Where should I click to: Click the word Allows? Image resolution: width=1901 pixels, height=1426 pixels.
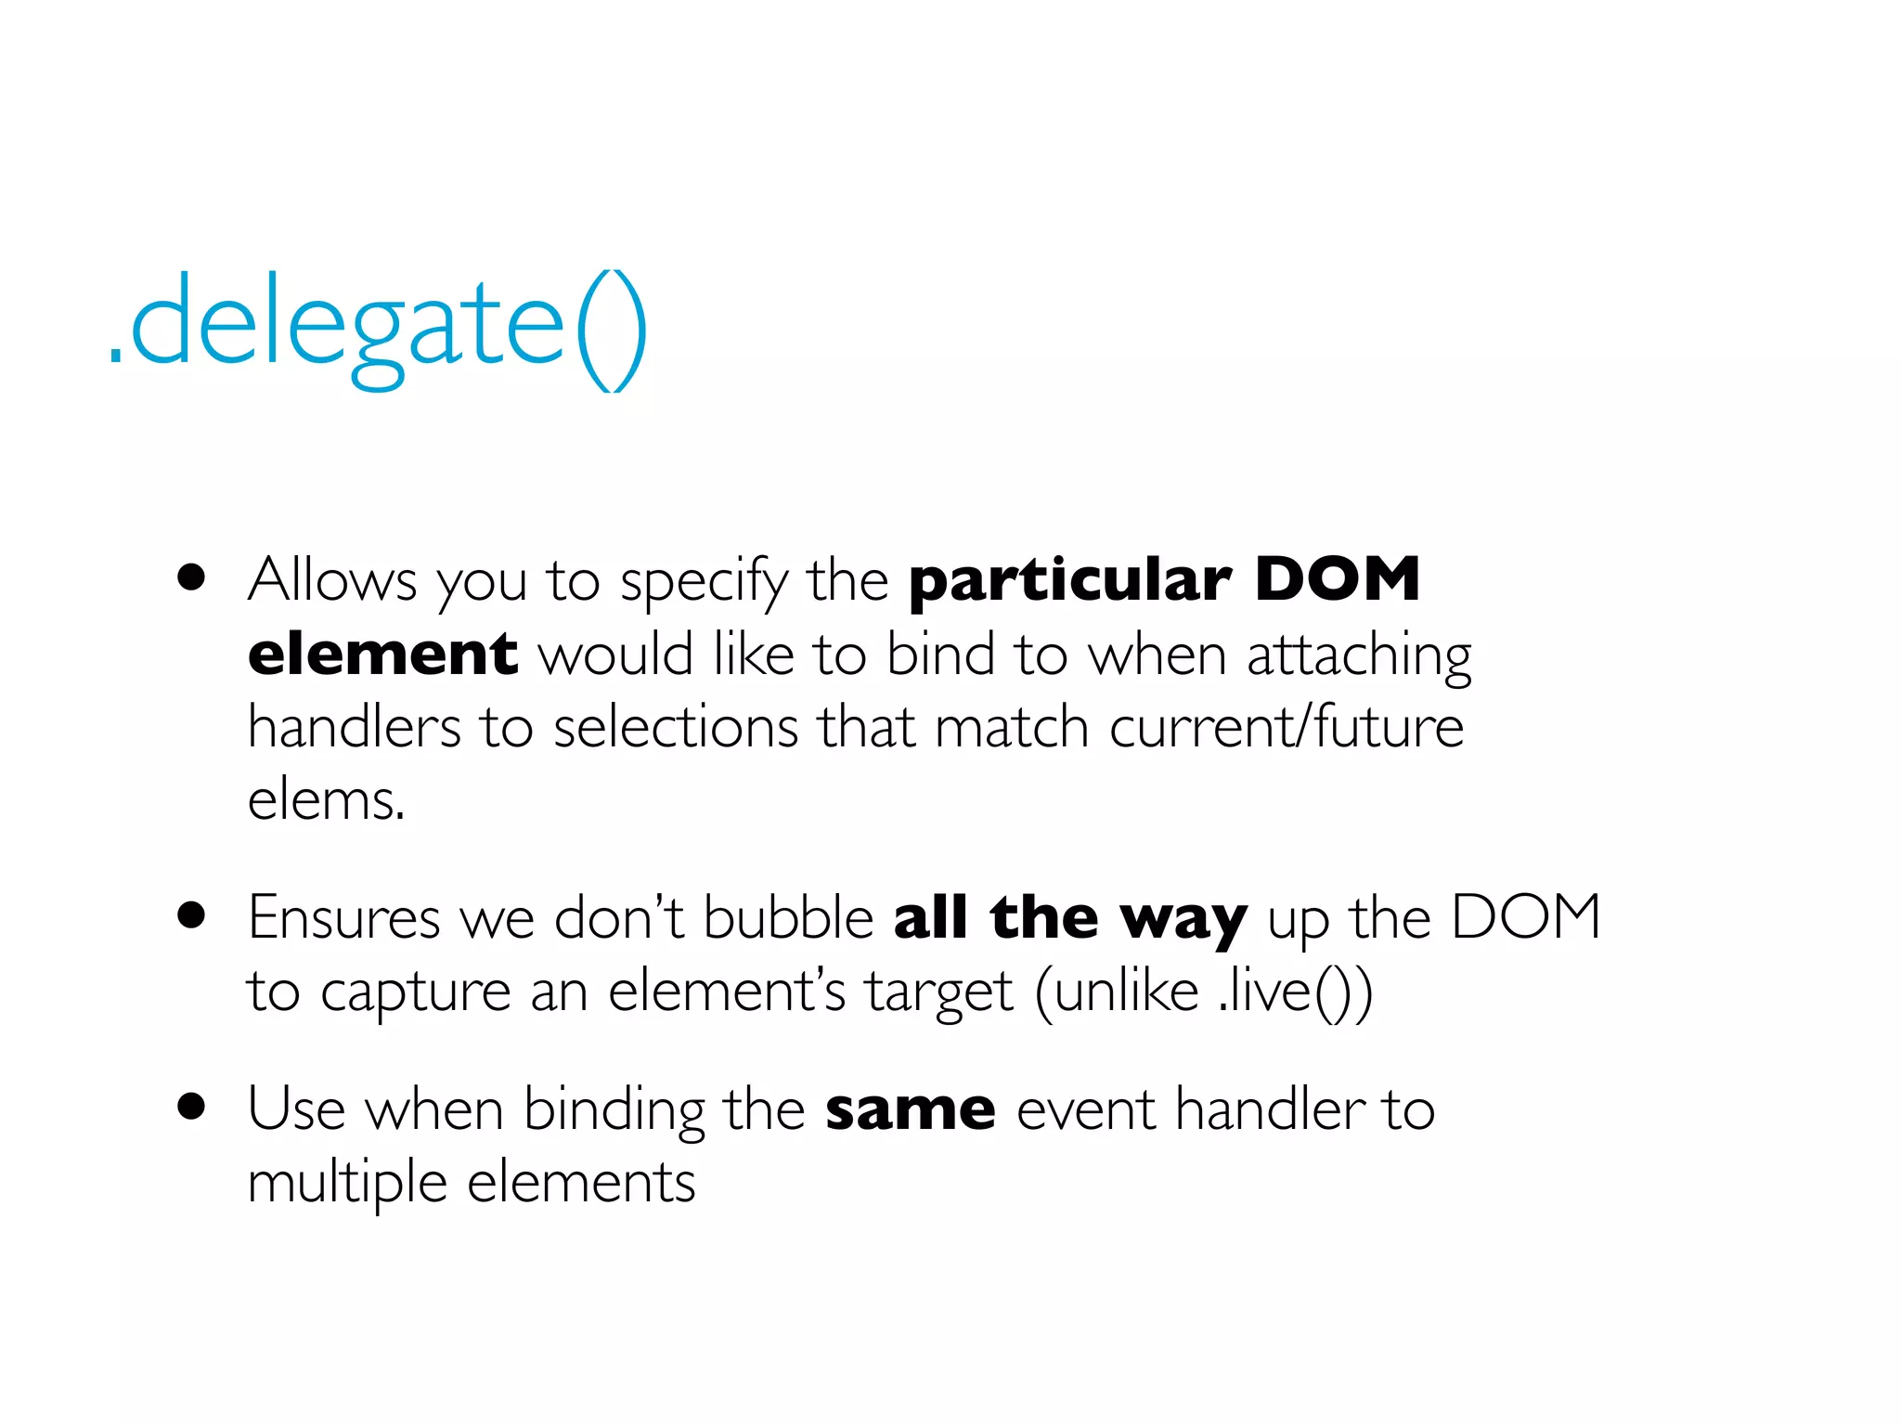coord(332,580)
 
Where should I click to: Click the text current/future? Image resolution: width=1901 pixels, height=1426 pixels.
coord(1287,727)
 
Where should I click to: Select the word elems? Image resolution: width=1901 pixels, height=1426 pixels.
coord(326,800)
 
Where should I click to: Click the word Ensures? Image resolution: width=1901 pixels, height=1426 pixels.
coord(343,918)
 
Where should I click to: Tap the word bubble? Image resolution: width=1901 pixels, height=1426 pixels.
coord(788,918)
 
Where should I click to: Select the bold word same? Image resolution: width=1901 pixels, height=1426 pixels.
coord(911,1110)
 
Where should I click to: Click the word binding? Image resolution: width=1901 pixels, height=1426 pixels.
coord(614,1110)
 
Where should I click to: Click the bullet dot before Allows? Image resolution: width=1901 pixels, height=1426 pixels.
coord(191,577)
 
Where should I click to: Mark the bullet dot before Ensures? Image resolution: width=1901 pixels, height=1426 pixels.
coord(191,915)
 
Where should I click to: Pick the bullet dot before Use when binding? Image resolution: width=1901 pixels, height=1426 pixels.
coord(191,1107)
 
